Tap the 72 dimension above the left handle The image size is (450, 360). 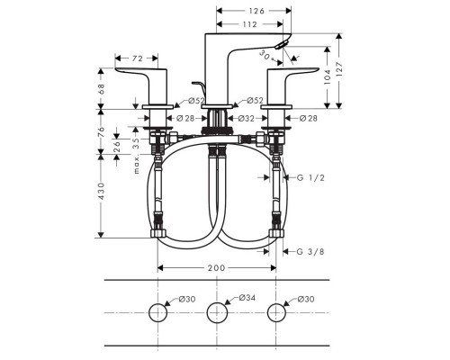coord(138,58)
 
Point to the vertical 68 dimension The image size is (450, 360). coord(102,88)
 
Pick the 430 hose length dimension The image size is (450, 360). coord(102,191)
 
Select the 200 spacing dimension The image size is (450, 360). coord(216,268)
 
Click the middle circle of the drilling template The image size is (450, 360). coord(216,312)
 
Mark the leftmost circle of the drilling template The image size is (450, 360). coord(158,312)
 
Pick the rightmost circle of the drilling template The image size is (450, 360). coord(274,312)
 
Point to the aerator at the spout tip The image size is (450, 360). coord(283,45)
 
